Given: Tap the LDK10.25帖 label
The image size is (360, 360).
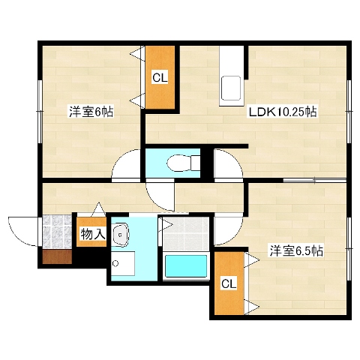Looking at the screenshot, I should click(283, 112).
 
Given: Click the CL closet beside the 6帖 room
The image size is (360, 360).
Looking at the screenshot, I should click(160, 77).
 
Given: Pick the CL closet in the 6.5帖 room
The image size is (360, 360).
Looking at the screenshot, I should click(228, 283).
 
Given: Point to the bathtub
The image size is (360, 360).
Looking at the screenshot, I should click(186, 267).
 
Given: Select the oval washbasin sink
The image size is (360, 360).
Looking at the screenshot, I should click(120, 235).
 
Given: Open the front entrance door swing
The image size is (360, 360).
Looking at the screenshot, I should click(22, 231).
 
